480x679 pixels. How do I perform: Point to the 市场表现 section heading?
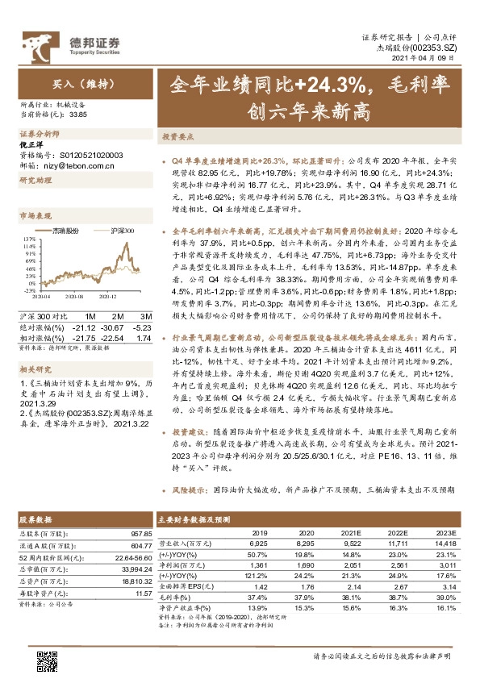point(35,216)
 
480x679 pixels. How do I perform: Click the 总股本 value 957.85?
point(138,534)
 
